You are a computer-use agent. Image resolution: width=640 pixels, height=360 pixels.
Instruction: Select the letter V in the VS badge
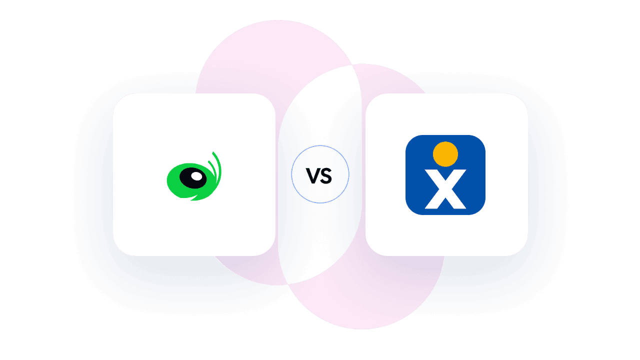(x=312, y=175)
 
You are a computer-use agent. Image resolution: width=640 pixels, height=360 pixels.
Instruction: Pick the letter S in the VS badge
(x=326, y=176)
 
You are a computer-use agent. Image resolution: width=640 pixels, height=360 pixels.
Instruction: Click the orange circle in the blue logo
(x=445, y=154)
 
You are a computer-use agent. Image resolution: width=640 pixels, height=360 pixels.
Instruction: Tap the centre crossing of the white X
(x=445, y=189)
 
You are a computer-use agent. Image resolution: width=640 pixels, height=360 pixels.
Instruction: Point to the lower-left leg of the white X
(x=433, y=201)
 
